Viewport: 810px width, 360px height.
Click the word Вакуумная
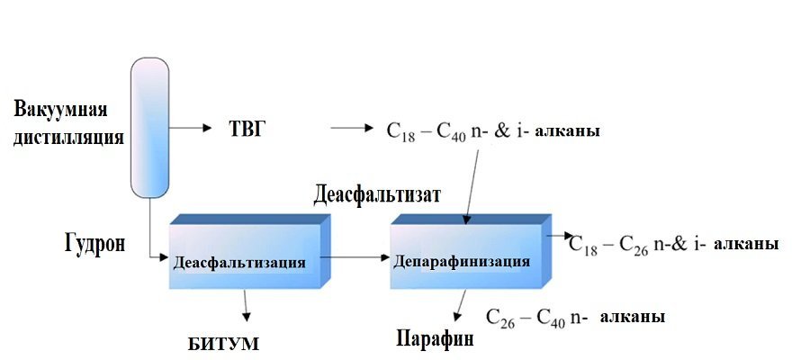click(x=61, y=111)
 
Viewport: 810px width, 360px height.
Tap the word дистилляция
click(x=67, y=138)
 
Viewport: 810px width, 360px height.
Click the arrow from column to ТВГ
click(x=189, y=128)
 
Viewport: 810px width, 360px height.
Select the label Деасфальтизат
click(x=377, y=194)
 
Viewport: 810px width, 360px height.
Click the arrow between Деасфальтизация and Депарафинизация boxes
click(x=355, y=259)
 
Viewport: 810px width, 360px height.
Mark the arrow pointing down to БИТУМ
click(x=246, y=306)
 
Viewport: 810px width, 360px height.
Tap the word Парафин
click(x=435, y=340)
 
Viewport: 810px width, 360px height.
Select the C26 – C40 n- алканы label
click(x=575, y=317)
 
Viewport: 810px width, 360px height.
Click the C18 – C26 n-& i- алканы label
click(x=673, y=245)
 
